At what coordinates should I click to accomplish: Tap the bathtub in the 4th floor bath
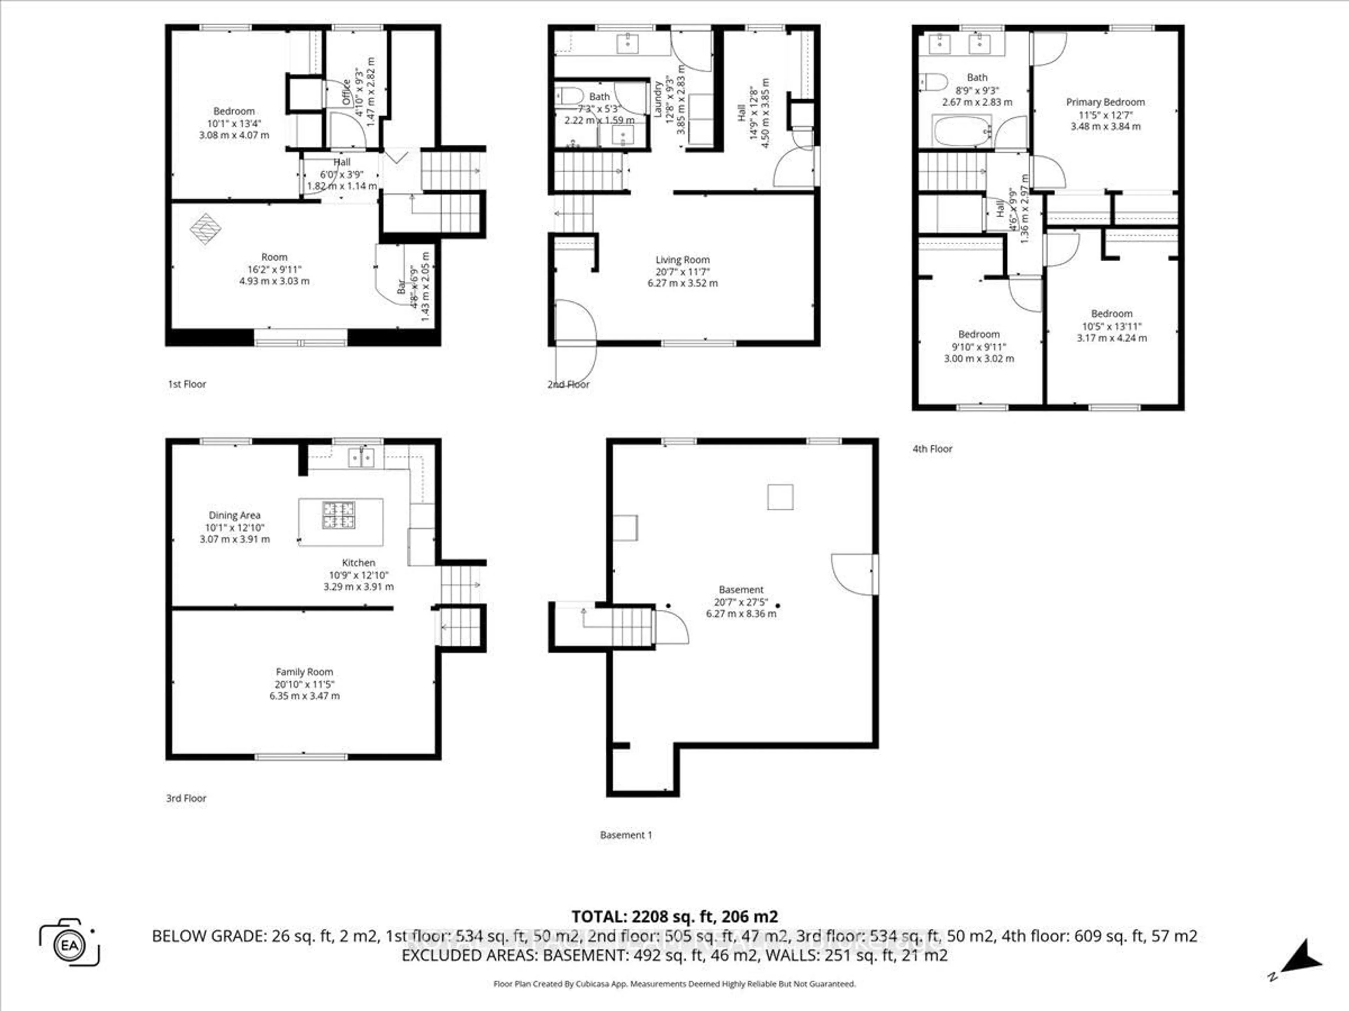962,131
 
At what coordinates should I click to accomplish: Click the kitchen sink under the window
361,457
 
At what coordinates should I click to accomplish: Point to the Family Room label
304,672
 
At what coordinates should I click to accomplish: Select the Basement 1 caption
626,835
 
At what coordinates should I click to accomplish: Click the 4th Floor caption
932,449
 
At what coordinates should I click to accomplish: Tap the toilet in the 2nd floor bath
569,96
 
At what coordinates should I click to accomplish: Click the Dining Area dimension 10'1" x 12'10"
235,528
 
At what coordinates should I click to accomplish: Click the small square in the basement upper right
780,497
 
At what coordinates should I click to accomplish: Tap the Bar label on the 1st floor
401,286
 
